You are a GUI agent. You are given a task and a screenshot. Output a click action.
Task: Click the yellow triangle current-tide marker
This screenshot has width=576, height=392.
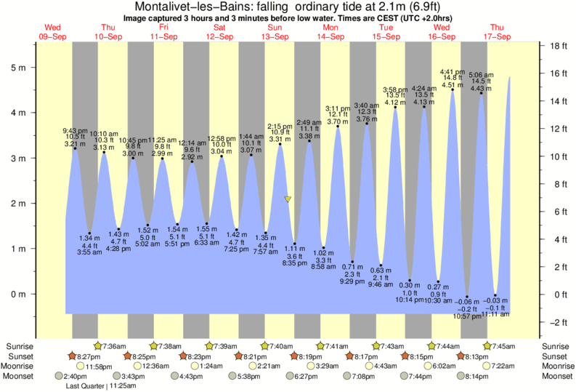coord(288,199)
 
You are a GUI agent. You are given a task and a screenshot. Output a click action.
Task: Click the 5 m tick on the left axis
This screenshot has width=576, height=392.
coord(33,68)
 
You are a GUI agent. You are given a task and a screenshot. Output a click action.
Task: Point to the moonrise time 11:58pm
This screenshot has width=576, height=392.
coord(98,367)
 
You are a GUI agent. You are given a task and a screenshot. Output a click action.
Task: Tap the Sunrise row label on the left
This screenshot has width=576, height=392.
coord(20,346)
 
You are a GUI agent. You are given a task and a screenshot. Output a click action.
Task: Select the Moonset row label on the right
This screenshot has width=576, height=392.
coord(556,377)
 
